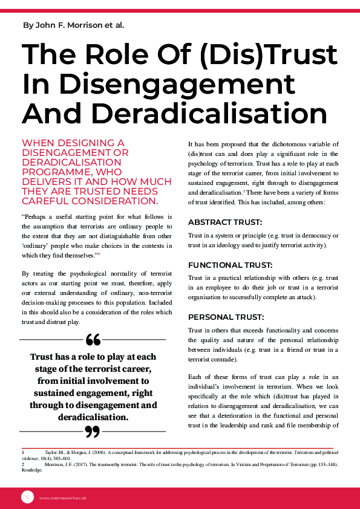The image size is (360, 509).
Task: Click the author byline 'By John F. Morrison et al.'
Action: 74,25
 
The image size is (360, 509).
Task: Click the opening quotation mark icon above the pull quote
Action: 93,340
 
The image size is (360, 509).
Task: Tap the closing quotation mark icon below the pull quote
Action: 93,431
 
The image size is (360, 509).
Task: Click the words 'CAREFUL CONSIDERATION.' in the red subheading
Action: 90,201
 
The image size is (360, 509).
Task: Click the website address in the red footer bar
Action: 63,498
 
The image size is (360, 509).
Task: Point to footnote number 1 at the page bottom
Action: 22,452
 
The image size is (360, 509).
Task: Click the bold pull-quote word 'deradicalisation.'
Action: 93,417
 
